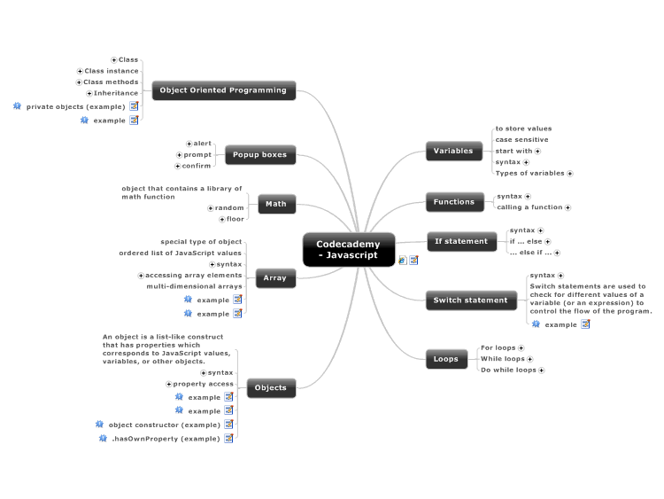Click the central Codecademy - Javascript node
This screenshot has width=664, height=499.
click(x=349, y=250)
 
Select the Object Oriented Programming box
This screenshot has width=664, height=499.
click(x=224, y=90)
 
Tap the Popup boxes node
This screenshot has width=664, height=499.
click(x=260, y=155)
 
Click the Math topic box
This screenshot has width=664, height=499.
click(x=276, y=204)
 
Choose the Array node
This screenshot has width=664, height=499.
click(x=275, y=278)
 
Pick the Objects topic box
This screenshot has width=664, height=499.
click(x=271, y=388)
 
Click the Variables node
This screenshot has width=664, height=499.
click(x=453, y=151)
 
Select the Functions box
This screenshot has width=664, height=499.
click(x=454, y=202)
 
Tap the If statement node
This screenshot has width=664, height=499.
click(x=461, y=241)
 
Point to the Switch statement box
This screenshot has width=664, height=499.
click(x=471, y=300)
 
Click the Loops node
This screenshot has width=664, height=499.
click(x=446, y=359)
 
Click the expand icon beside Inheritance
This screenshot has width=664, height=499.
click(x=89, y=93)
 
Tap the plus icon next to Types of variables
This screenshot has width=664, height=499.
click(x=570, y=174)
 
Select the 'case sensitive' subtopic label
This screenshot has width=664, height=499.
click(x=521, y=139)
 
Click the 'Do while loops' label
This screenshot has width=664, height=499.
click(x=508, y=370)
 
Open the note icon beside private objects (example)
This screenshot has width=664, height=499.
click(x=134, y=106)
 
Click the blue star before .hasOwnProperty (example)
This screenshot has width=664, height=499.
click(x=103, y=438)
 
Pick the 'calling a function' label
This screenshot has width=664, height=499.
click(x=529, y=207)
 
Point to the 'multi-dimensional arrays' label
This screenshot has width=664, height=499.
click(x=195, y=286)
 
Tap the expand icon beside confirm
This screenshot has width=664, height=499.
click(x=178, y=167)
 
